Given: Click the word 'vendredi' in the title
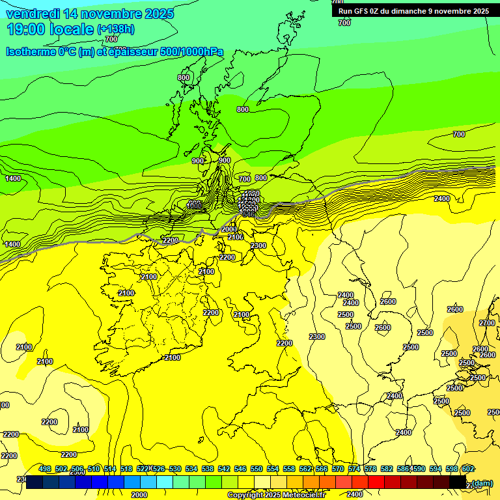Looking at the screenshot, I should point(32,14).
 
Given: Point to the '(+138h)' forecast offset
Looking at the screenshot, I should point(116,29).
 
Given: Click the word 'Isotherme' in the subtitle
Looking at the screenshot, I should point(31,52).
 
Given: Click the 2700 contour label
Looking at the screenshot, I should point(486,323).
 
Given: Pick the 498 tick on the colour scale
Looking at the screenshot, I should point(45,469).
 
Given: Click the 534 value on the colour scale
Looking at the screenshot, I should point(191,469).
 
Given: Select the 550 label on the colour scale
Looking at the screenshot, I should point(257,469).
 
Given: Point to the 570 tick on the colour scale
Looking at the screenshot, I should point(338,469).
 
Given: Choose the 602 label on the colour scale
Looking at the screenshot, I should point(468,469).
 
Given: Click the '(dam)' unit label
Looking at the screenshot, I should point(482,482).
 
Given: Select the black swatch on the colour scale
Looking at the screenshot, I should point(458,482).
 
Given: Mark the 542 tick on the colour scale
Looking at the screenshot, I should point(224,469).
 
